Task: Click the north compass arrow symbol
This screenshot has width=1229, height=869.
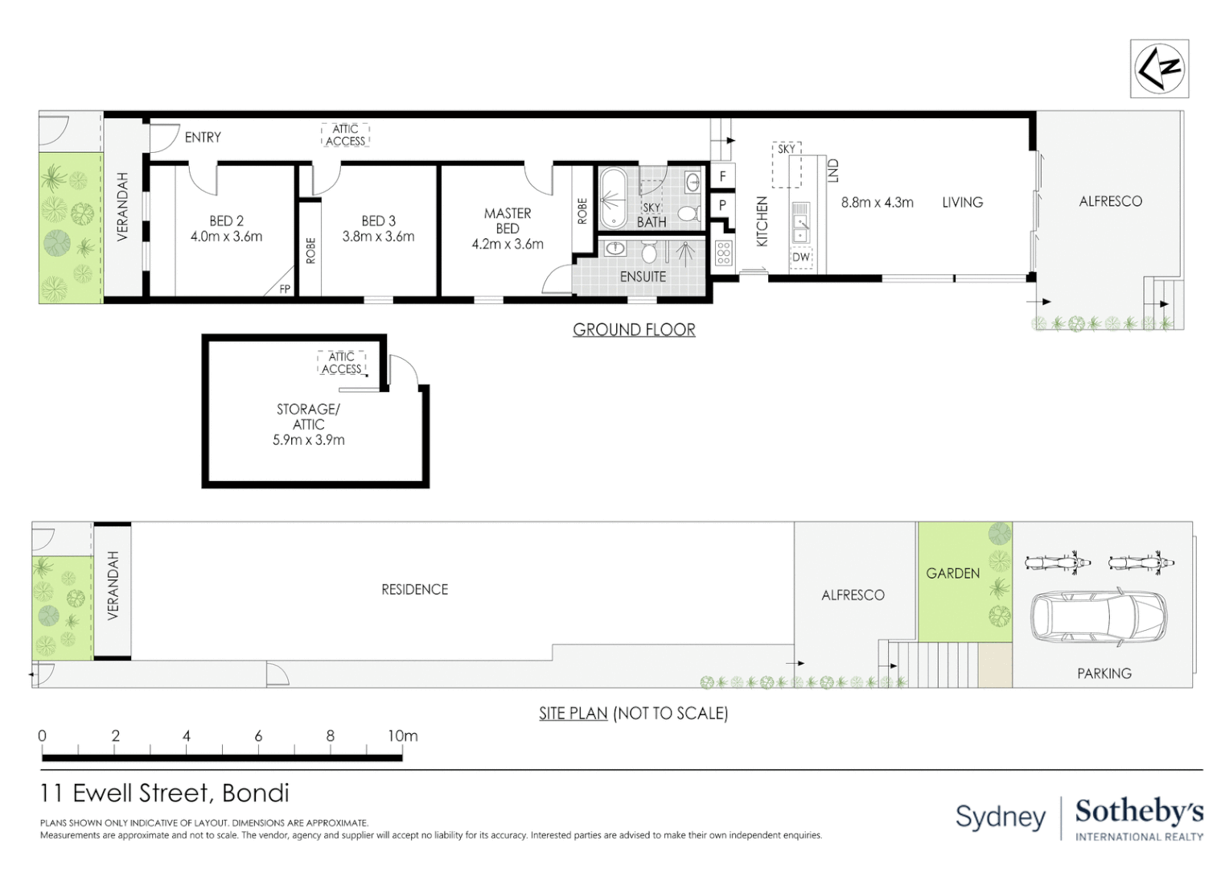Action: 1159,68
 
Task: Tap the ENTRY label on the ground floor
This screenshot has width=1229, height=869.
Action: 203,138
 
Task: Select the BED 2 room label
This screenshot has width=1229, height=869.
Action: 226,220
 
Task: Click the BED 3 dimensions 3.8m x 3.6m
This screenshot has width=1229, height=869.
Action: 378,237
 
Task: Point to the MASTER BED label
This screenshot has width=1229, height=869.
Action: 508,220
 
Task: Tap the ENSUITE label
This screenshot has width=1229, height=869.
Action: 643,276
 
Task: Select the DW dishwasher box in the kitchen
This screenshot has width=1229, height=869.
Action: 801,257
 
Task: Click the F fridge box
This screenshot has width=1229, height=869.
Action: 722,176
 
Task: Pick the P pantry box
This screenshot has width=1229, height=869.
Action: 722,205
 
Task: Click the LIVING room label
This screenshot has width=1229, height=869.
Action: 962,203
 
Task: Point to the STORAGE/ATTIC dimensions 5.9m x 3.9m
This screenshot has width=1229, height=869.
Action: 308,440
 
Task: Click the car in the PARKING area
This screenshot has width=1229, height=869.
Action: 1099,616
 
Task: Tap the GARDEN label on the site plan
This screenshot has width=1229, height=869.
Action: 952,574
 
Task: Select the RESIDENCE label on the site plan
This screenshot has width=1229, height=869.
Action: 414,590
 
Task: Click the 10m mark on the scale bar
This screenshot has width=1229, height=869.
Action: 402,736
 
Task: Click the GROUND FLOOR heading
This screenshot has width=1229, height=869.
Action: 634,330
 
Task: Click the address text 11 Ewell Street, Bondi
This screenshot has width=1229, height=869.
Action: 165,793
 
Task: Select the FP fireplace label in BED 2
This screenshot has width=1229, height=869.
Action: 285,289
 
